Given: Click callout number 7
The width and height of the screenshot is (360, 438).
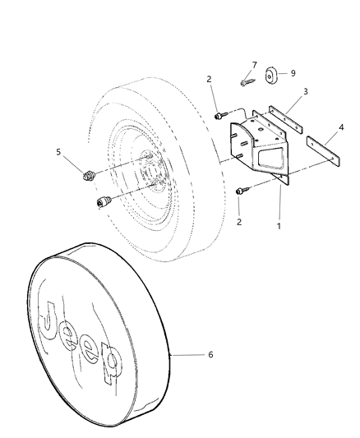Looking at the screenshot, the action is (254, 65).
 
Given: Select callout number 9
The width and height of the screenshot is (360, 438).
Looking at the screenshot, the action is (293, 73).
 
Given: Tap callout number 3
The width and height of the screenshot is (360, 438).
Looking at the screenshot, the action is (306, 91).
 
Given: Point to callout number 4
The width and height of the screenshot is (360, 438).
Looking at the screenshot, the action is (341, 127).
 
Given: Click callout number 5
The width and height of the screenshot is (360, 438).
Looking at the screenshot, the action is (58, 152).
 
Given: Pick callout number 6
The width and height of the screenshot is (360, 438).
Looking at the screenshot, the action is (210, 354).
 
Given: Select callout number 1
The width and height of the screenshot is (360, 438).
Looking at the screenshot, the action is (279, 226).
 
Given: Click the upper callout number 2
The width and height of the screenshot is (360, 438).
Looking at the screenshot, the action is (210, 80).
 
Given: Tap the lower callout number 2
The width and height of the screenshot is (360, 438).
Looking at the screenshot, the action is (239, 222).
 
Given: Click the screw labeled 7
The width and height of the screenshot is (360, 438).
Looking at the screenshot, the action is (247, 82).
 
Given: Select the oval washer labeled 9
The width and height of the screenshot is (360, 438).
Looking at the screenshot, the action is (270, 76).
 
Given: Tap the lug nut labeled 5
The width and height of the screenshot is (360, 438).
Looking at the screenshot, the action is (90, 176).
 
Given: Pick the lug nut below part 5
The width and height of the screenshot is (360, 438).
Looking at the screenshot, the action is (104, 201).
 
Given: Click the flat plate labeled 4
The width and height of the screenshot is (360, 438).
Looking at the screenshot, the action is (323, 151).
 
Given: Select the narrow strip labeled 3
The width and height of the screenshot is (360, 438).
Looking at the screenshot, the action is (285, 119).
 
